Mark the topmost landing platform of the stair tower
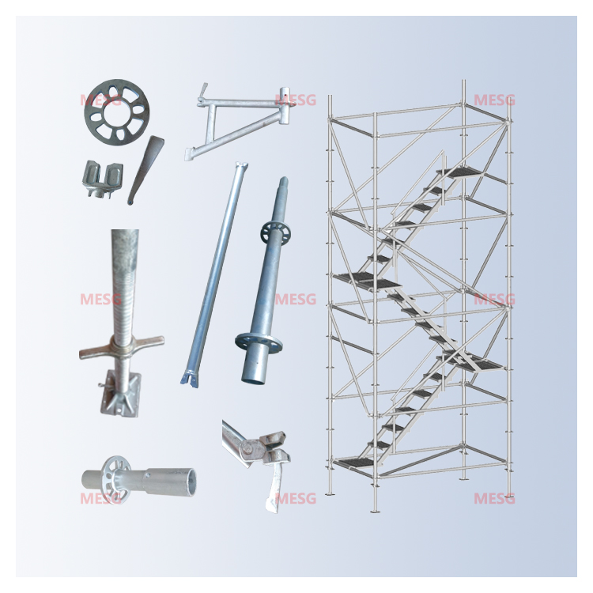click(459, 172)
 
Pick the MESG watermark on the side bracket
click(295, 100)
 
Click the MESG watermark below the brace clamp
click(295, 499)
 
